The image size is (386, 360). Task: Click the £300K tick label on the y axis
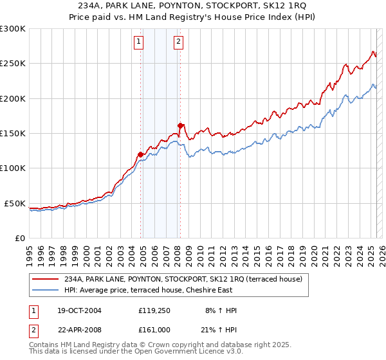(13, 29)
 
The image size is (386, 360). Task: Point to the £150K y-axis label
(13, 134)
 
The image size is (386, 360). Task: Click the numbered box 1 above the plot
(139, 43)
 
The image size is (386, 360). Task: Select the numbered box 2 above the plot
(178, 43)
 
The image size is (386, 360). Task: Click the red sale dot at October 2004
(140, 154)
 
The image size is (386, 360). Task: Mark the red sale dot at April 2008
(180, 125)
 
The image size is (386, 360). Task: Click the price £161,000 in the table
(155, 329)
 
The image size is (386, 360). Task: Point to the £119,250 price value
(155, 310)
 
